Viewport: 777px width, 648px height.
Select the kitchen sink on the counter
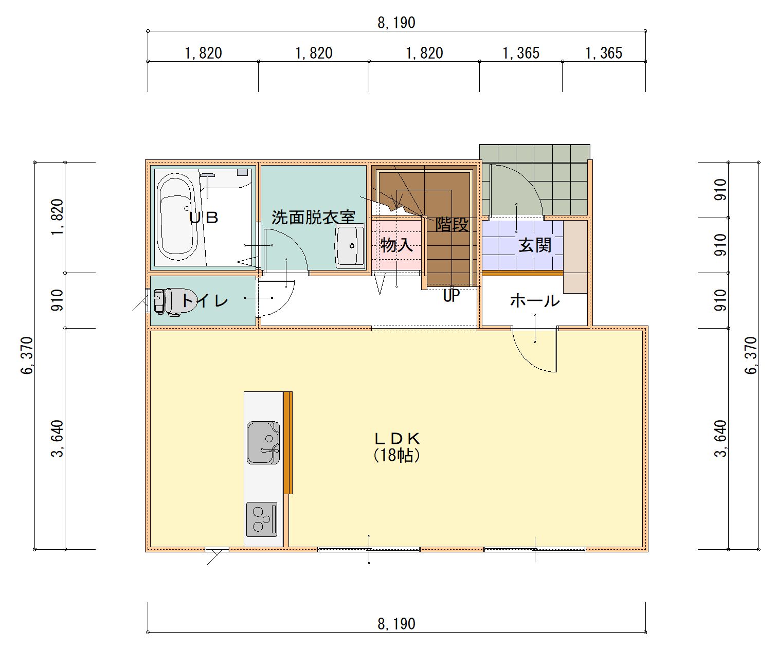click(x=263, y=443)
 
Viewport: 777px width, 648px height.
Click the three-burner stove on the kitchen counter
click(x=262, y=519)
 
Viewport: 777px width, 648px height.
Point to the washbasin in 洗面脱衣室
click(x=350, y=246)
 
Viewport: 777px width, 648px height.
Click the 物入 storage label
click(x=396, y=245)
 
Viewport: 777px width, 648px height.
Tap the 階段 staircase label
click(x=452, y=224)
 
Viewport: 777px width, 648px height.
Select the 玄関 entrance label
click(x=535, y=245)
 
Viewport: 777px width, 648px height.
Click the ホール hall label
click(x=535, y=300)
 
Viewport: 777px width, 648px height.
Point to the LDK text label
click(x=397, y=439)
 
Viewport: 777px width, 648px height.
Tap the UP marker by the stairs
click(x=451, y=296)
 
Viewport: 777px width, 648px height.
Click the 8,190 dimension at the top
click(x=396, y=23)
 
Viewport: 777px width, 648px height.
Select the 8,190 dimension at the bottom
click(x=396, y=624)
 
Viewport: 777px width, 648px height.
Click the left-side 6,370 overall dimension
click(x=28, y=355)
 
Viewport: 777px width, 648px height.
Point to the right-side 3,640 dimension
click(x=721, y=439)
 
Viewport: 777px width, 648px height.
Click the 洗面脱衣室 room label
click(x=313, y=218)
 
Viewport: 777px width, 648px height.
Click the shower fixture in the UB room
click(x=207, y=185)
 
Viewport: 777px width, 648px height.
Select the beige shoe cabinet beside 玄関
click(x=575, y=257)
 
